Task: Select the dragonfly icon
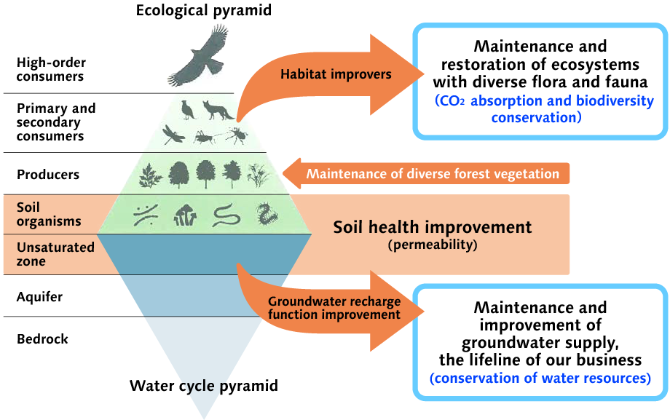tap(174, 135)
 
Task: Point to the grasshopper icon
tap(205, 135)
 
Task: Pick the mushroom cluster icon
tap(184, 214)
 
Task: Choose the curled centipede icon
tap(264, 214)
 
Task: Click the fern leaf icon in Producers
tap(150, 175)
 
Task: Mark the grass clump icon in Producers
tap(259, 175)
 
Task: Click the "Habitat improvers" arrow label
tap(336, 74)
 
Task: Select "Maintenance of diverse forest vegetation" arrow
tap(433, 174)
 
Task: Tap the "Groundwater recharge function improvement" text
tap(334, 308)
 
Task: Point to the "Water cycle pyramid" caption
tap(204, 385)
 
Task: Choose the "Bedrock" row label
tap(42, 338)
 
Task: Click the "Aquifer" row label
tap(39, 297)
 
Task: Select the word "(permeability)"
tap(433, 245)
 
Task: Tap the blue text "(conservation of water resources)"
tap(540, 378)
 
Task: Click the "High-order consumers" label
tap(50, 69)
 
